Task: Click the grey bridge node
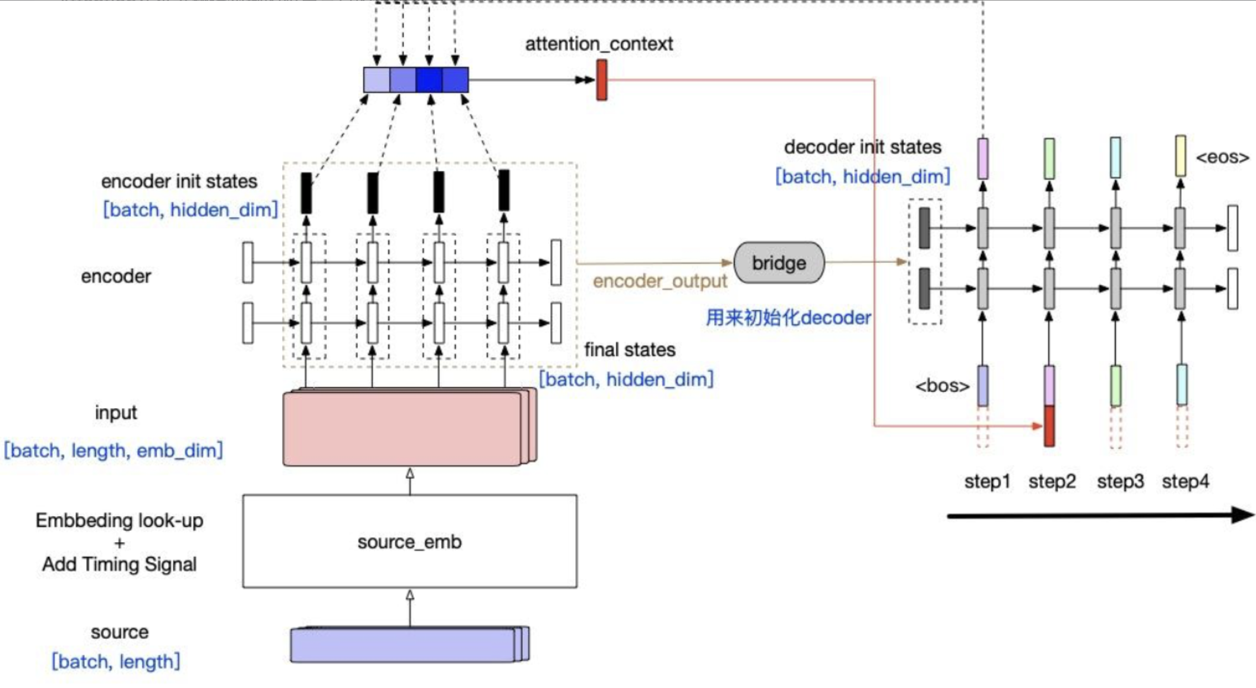779,263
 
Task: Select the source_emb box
410,542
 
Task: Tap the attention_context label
599,44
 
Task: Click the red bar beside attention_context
602,79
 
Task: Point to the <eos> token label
1222,157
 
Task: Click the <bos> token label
942,386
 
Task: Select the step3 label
1120,482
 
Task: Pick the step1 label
987,482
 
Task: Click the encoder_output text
659,281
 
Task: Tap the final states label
630,350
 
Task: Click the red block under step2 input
1049,426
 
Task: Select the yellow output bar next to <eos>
1181,156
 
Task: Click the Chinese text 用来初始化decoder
788,318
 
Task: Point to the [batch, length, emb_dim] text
113,451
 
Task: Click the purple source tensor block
404,645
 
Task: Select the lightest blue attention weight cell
376,80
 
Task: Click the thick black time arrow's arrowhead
1243,515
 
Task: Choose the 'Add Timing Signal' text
119,564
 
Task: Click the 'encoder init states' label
179,181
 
